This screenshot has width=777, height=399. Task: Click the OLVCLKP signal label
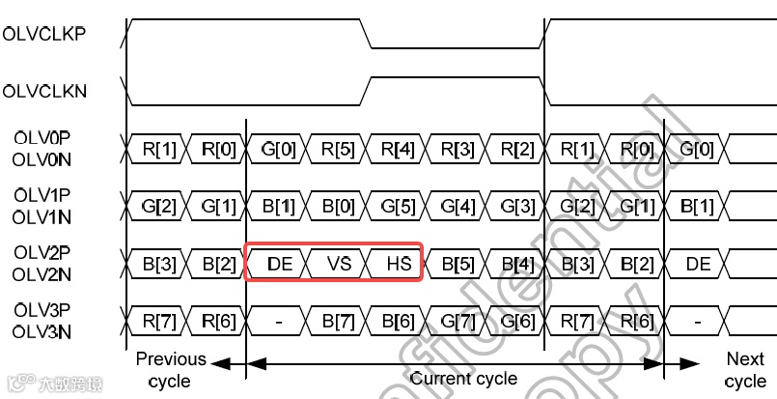click(44, 32)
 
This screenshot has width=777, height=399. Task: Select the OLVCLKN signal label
click(45, 92)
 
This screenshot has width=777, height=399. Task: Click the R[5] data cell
click(337, 149)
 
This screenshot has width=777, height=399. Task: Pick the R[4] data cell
click(397, 149)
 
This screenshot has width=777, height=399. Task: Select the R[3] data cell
click(457, 149)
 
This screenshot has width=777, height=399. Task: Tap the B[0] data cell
click(337, 206)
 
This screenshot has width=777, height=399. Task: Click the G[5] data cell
click(397, 206)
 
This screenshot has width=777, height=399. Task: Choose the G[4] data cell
click(457, 206)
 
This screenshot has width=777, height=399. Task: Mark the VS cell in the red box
click(337, 263)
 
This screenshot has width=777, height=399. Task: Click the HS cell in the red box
click(397, 263)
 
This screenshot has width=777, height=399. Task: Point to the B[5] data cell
click(457, 263)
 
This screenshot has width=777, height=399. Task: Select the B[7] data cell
click(337, 321)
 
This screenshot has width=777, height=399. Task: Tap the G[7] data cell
click(457, 321)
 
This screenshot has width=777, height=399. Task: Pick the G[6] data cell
click(516, 321)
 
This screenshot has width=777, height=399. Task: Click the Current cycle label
click(463, 379)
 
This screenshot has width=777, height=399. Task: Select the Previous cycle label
click(171, 370)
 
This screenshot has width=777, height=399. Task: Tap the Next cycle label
click(744, 370)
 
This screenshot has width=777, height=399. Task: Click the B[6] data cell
click(397, 321)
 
